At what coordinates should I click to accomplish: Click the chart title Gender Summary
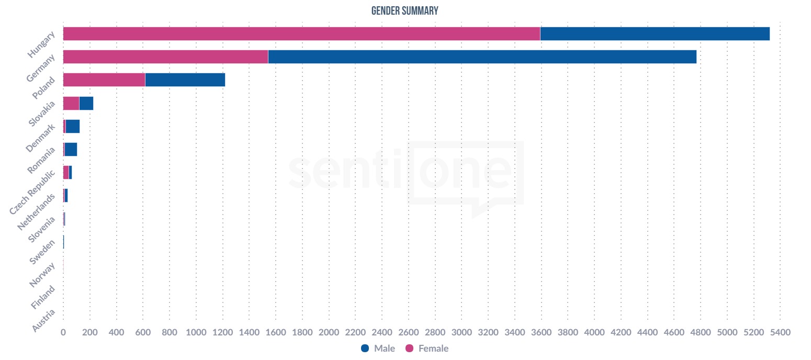click(x=404, y=10)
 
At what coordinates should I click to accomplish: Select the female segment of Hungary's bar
click(x=301, y=33)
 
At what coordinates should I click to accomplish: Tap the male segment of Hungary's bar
click(x=655, y=33)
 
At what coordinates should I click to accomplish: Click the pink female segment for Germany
click(x=165, y=57)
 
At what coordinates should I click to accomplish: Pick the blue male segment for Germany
click(x=482, y=57)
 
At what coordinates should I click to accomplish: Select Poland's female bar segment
click(x=104, y=80)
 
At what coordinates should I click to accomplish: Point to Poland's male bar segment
click(x=185, y=80)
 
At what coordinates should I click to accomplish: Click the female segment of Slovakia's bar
click(x=71, y=103)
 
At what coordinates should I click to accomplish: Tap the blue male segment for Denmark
click(x=73, y=126)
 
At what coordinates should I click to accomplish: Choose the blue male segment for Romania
click(x=71, y=149)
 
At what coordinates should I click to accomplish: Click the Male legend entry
click(x=378, y=348)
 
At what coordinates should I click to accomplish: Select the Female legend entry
click(x=427, y=348)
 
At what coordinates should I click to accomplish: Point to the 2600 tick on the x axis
click(x=409, y=332)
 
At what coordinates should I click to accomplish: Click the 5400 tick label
click(x=780, y=332)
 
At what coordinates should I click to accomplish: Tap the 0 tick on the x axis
click(x=63, y=332)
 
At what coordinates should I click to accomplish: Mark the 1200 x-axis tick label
click(x=222, y=332)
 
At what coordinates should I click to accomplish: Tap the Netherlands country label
click(x=36, y=212)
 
